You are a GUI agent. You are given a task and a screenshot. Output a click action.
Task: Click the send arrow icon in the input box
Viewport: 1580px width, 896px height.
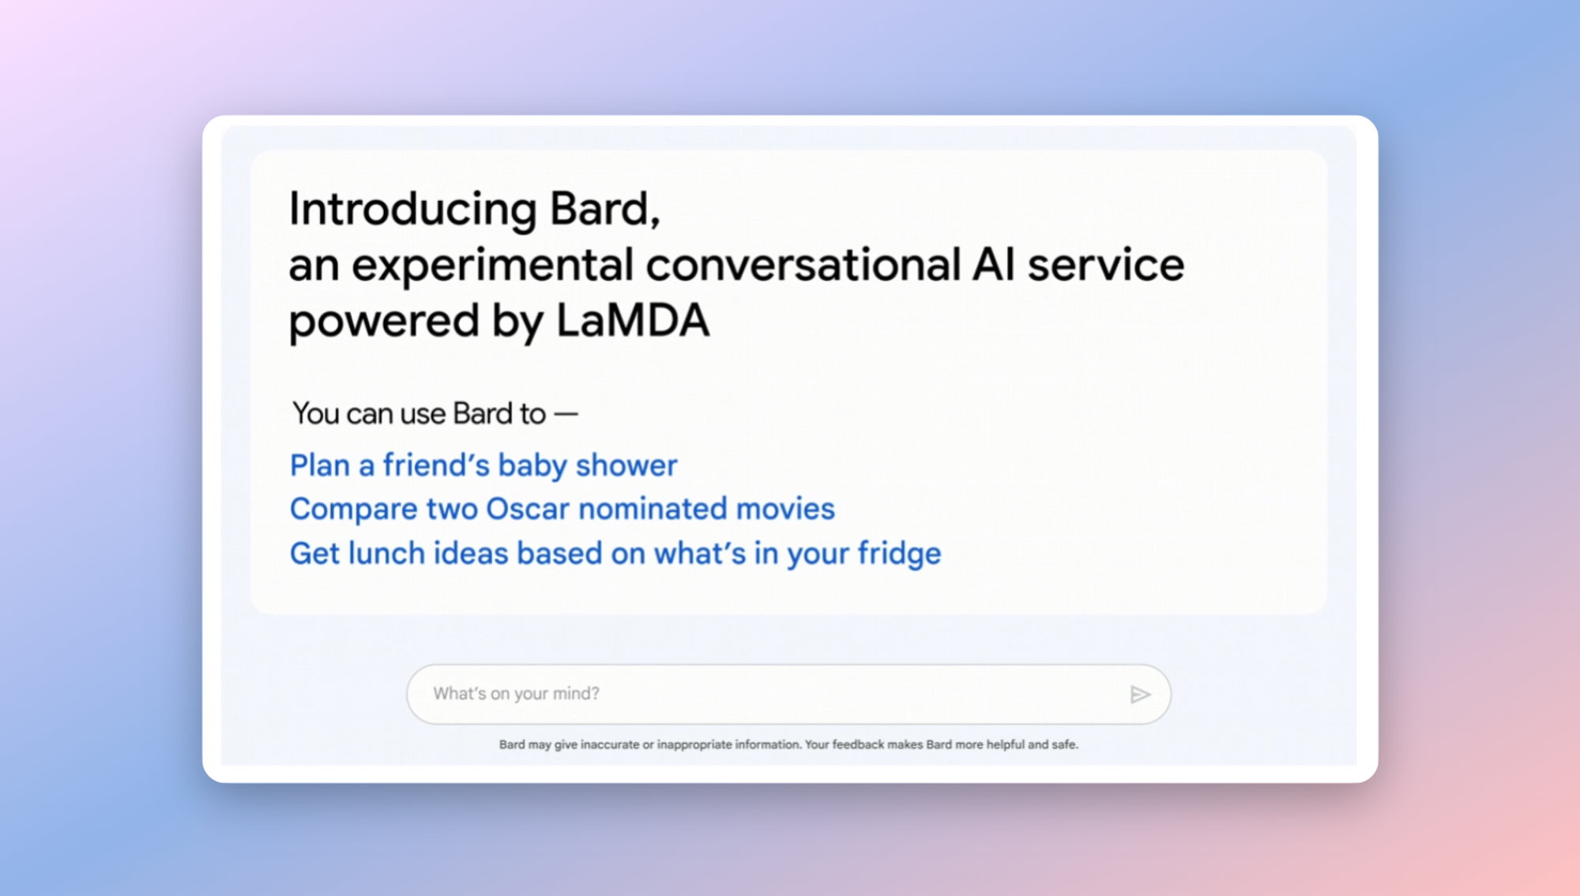(x=1140, y=695)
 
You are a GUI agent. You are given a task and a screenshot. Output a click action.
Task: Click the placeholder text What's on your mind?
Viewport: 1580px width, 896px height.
(x=516, y=694)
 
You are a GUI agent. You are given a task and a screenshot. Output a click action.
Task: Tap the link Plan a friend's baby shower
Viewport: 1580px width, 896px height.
(x=483, y=465)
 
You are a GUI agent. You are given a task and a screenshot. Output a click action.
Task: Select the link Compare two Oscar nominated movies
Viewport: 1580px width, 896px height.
(x=562, y=509)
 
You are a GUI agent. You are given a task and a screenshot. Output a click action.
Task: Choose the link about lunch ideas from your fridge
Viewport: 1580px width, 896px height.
(x=615, y=553)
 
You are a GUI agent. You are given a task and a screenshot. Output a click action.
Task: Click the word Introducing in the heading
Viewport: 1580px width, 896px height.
(x=412, y=210)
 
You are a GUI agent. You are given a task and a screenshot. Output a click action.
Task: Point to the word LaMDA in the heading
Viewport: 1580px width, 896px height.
(x=633, y=321)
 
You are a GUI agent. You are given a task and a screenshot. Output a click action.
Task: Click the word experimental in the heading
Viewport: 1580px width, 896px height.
(x=492, y=266)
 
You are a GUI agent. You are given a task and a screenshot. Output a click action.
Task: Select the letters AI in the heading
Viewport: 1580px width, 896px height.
(x=993, y=264)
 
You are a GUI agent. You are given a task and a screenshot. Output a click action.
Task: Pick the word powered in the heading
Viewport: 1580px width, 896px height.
(x=384, y=322)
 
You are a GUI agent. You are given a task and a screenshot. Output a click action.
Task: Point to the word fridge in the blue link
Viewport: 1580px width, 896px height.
(x=900, y=553)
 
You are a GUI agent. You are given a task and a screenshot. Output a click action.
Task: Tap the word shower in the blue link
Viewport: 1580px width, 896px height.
(x=626, y=466)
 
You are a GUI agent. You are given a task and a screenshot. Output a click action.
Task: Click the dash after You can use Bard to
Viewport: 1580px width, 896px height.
(x=566, y=414)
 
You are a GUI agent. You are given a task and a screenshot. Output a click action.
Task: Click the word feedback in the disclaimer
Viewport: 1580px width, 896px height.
(x=858, y=744)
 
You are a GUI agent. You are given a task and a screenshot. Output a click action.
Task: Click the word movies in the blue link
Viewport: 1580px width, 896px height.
(x=785, y=509)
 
